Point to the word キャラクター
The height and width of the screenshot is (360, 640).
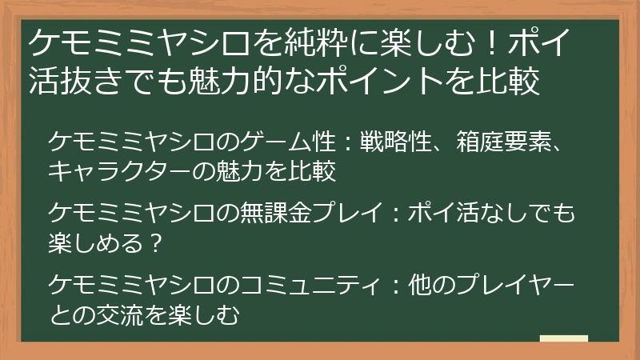click(x=128, y=170)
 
